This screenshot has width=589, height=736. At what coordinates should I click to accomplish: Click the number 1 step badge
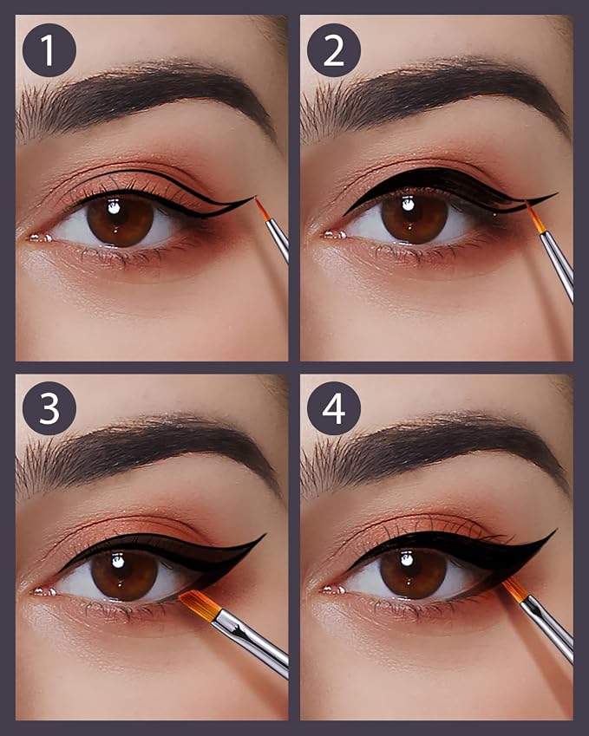[x=49, y=49]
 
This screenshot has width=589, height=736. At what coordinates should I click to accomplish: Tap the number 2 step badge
[x=334, y=49]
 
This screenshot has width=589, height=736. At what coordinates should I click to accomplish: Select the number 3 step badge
[x=49, y=408]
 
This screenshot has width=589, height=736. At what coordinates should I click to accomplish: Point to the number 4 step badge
[x=334, y=408]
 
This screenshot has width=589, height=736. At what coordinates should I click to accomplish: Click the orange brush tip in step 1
[x=263, y=209]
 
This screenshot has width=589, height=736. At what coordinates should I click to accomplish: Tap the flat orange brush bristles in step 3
[x=200, y=604]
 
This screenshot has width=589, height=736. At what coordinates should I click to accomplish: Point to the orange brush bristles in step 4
[x=515, y=589]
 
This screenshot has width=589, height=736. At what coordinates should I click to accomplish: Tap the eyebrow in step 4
[x=432, y=452]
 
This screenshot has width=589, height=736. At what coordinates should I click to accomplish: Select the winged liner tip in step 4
[x=556, y=530]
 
